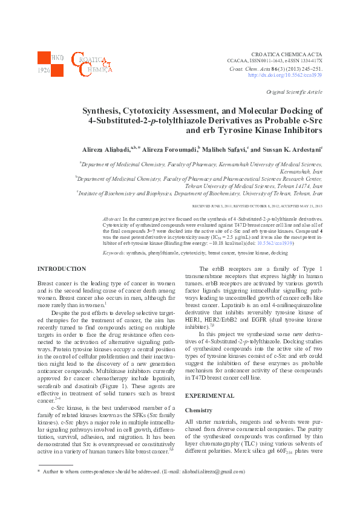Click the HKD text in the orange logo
coord(57,57)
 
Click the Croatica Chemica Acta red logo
coord(90,63)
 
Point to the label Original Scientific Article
coord(294,92)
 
